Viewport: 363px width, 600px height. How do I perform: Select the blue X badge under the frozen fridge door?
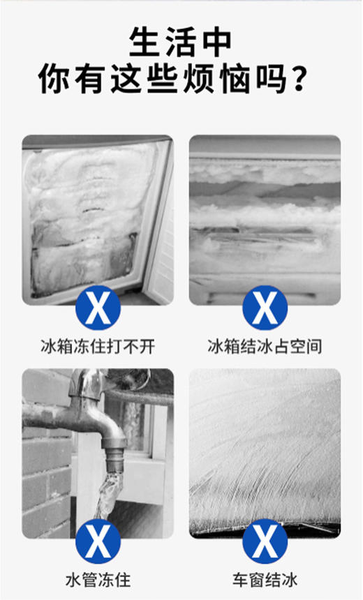tap(98, 307)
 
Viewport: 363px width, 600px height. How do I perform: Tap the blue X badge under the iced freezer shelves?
tap(265, 307)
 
